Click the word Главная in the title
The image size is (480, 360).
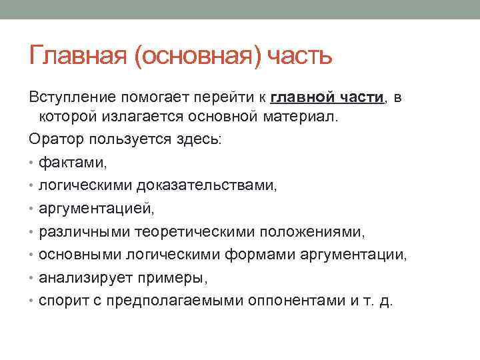coord(78,55)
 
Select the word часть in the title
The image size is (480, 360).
coord(300,56)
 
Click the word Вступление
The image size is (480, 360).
coord(73,97)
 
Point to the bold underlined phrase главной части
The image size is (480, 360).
coord(327,97)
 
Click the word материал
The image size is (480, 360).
coord(301,117)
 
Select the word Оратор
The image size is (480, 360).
coord(56,139)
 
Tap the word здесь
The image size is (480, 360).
coord(199,139)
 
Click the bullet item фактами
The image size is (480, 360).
coord(73,162)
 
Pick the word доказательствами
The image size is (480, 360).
coord(207,186)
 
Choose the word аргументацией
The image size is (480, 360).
coord(97,209)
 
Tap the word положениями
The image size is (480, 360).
coord(312,232)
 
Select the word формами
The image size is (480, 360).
coord(260,255)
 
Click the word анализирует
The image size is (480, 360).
coord(86,278)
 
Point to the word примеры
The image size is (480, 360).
coord(173,278)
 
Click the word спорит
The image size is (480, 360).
coord(64,301)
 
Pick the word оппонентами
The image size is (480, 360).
coord(297,301)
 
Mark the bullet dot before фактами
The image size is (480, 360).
coord(31,163)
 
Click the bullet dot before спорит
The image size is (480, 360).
coord(31,301)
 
